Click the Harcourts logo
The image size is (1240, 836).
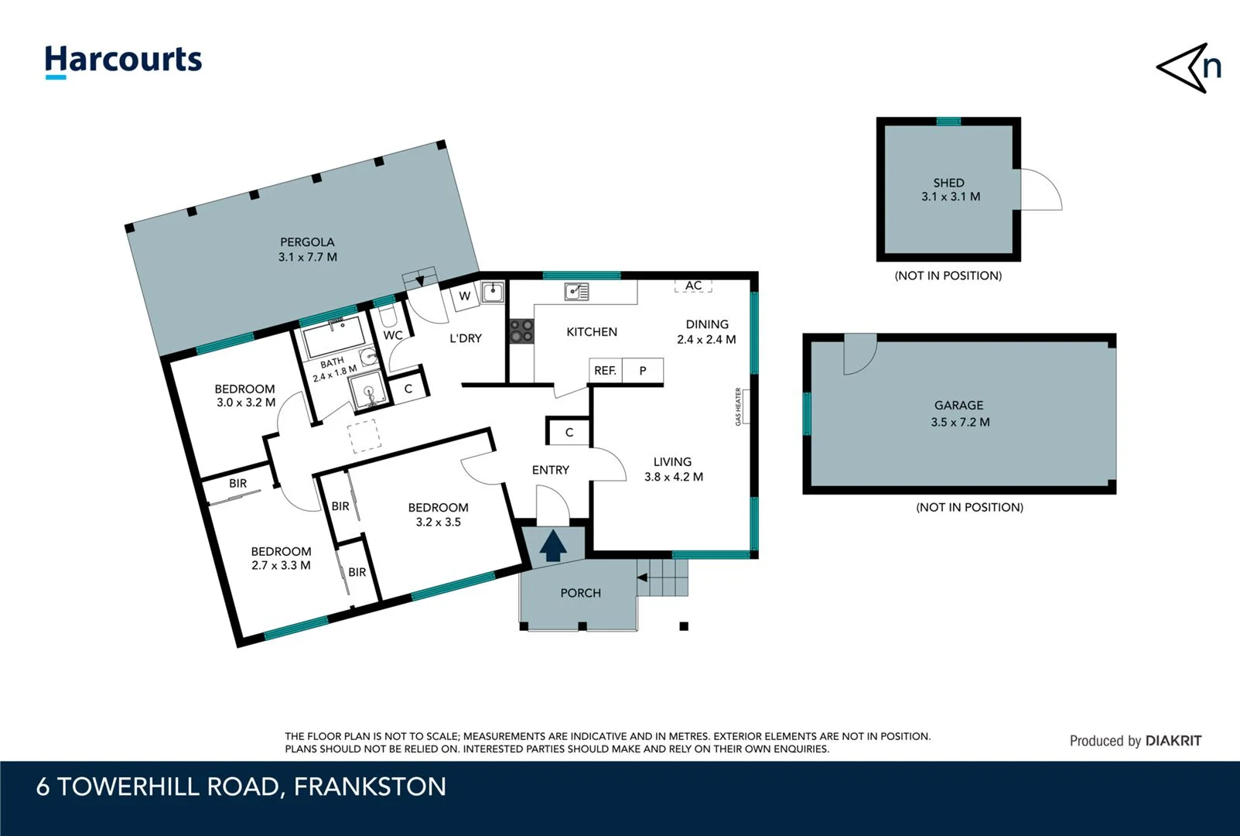pyautogui.click(x=123, y=60)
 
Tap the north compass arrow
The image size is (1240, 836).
pyautogui.click(x=1187, y=68)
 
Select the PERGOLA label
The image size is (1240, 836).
pyautogui.click(x=307, y=249)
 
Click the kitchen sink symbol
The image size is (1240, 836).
pyautogui.click(x=576, y=291)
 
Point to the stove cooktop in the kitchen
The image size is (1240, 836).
pyautogui.click(x=521, y=331)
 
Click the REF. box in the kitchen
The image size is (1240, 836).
pyautogui.click(x=605, y=371)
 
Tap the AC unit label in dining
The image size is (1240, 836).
pyautogui.click(x=693, y=286)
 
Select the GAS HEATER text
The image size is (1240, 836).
pyautogui.click(x=738, y=407)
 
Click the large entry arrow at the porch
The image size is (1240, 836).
pyautogui.click(x=553, y=546)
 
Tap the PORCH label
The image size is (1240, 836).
pyautogui.click(x=580, y=593)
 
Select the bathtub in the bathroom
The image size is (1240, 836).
pyautogui.click(x=335, y=337)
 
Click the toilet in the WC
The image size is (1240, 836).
pyautogui.click(x=387, y=317)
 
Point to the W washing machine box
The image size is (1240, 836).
pyautogui.click(x=464, y=296)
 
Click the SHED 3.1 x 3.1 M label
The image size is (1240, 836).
pyautogui.click(x=949, y=190)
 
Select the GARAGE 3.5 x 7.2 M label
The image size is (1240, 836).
pyautogui.click(x=959, y=413)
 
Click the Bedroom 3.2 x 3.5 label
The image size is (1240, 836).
pyautogui.click(x=438, y=515)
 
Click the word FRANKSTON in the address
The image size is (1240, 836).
pyautogui.click(x=370, y=786)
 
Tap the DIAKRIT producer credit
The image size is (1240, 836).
pyautogui.click(x=1173, y=741)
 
